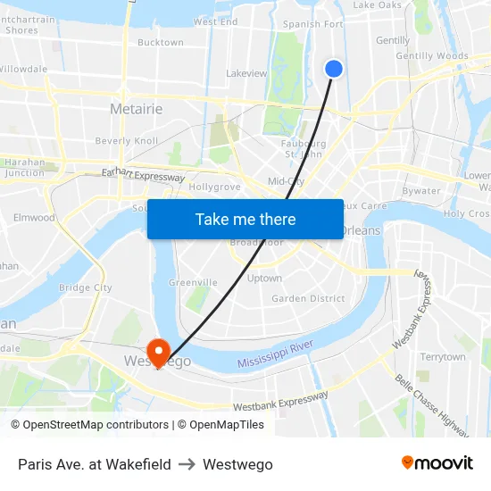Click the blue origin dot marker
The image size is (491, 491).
point(334,69)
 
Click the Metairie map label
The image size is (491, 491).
point(136,109)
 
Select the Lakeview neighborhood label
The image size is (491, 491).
point(247,73)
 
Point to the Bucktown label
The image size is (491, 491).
point(161,42)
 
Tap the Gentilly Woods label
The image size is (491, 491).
point(432,56)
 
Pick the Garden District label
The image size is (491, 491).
point(308,298)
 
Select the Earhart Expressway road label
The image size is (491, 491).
point(143,175)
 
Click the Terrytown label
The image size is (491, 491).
point(443,357)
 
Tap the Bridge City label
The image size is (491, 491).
point(86,287)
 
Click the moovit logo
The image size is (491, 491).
point(437,463)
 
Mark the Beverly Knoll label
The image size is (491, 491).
point(126,141)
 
